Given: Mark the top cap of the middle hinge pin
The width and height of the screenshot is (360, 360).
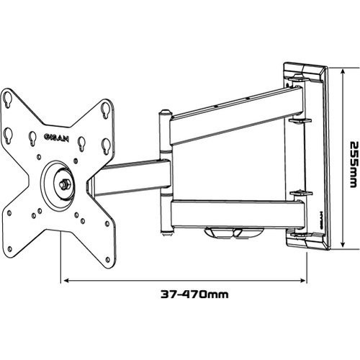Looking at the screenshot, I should pos(166,113).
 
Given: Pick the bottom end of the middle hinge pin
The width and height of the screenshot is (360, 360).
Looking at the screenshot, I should pos(167,232).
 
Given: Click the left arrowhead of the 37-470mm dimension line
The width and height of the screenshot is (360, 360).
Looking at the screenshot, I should pos(65,279).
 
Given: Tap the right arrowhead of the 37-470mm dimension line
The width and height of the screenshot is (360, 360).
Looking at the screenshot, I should pos(307,279).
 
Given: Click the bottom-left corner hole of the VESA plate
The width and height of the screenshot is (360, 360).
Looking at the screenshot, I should pos(10,213).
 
